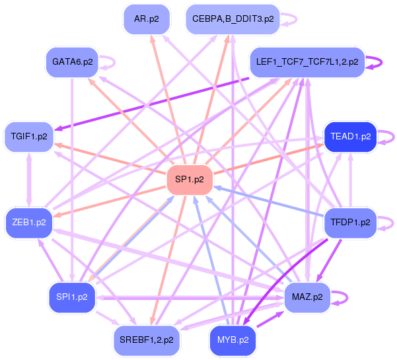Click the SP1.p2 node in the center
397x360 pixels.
point(190,180)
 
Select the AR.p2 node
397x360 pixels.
point(147,19)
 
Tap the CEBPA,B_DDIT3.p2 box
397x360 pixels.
point(233,19)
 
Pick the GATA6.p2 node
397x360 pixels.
point(72,62)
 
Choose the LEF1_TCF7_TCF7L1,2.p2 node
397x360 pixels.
point(307,62)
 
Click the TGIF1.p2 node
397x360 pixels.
point(29,137)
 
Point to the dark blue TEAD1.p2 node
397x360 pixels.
point(350,137)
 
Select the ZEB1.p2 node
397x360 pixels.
point(29,223)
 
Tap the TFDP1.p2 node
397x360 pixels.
point(350,223)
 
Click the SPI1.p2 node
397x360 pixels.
point(72,297)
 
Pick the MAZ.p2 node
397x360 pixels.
point(307,297)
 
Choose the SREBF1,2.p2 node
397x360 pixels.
point(147,340)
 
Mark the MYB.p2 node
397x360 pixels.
point(233,340)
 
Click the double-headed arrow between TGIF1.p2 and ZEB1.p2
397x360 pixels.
point(29,180)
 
